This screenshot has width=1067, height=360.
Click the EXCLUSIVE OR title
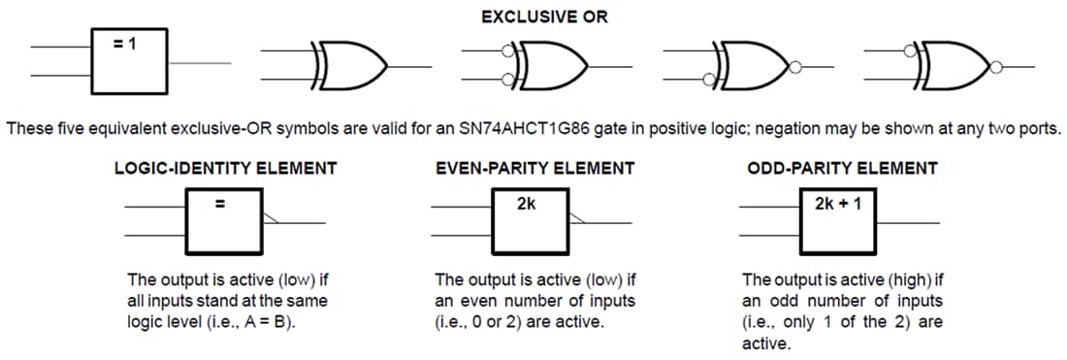tap(545, 17)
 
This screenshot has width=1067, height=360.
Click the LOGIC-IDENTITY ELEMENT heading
tap(226, 168)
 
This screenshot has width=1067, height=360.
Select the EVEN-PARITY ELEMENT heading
tap(535, 168)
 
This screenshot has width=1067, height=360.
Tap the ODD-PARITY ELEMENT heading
tap(842, 168)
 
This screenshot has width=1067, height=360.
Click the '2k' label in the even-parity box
tap(527, 204)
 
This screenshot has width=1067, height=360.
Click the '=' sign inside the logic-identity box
tap(219, 205)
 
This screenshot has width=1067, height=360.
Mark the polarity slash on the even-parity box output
tap(577, 218)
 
